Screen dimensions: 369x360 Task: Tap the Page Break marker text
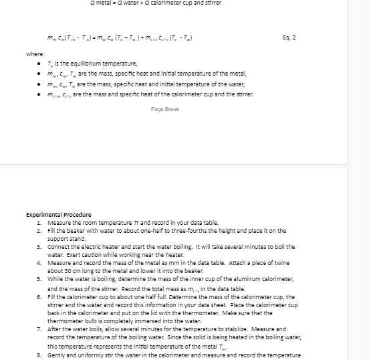click(x=165, y=109)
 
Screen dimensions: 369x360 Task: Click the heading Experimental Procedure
click(x=58, y=215)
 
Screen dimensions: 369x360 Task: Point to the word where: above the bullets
click(x=35, y=54)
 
